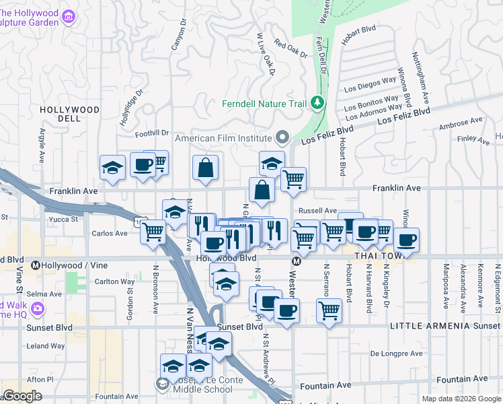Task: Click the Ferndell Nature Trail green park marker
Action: (317, 103)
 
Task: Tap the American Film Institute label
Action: (224, 139)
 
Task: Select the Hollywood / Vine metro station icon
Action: (36, 265)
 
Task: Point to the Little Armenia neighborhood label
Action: (432, 326)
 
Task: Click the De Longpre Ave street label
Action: (397, 353)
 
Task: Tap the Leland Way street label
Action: (47, 346)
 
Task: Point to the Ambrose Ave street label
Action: (461, 124)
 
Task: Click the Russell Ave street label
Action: (317, 211)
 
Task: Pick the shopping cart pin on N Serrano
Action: (329, 310)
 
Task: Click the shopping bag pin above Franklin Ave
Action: (206, 168)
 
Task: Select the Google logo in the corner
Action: (23, 396)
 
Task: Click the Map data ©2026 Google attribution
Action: (461, 399)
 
